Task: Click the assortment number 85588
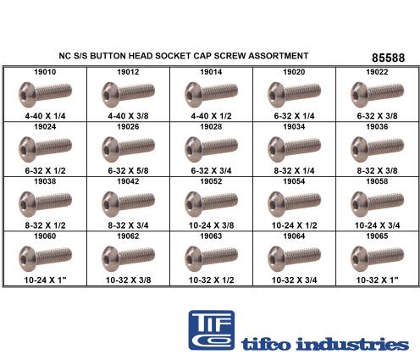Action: [388, 58]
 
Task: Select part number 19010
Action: [45, 72]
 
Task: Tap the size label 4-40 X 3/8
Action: [128, 116]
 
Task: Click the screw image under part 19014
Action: [211, 94]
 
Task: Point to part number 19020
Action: [294, 72]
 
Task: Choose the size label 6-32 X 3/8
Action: [377, 116]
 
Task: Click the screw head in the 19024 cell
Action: [27, 149]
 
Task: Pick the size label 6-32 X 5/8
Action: [128, 171]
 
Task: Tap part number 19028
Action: [211, 127]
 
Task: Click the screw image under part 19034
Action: [294, 149]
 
